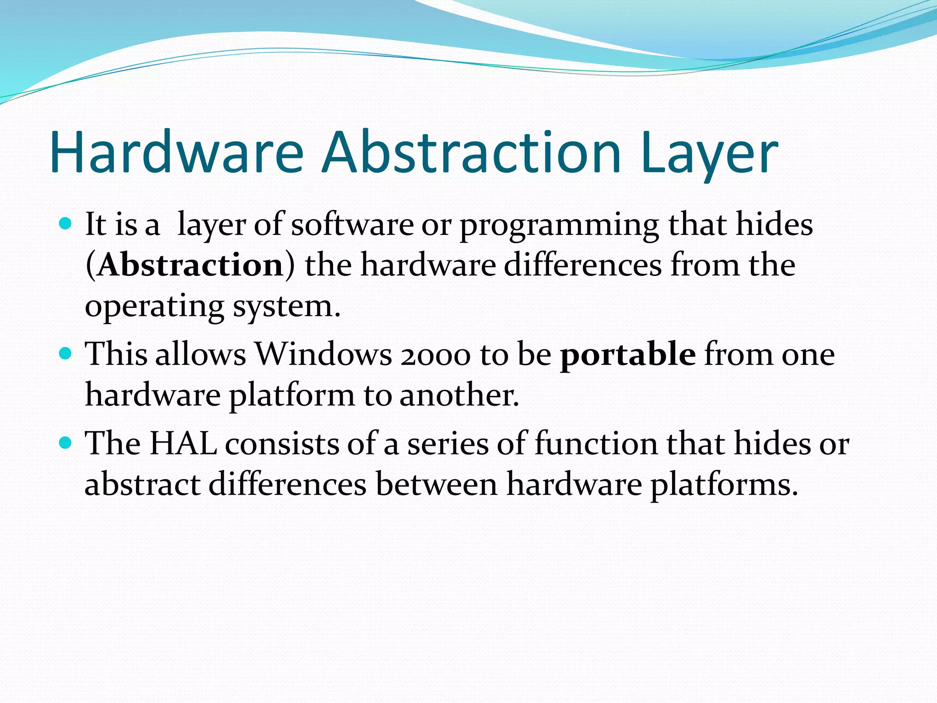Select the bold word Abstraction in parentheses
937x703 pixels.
tap(190, 265)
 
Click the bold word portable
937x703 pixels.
tap(628, 354)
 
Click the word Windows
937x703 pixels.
tap(323, 354)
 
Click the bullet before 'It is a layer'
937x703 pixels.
tap(66, 224)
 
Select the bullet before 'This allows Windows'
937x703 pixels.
tap(66, 354)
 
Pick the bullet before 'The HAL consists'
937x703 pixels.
tap(66, 443)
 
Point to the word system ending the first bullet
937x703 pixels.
tap(286, 307)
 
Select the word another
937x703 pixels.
tap(459, 395)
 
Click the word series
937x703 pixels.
tap(448, 444)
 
